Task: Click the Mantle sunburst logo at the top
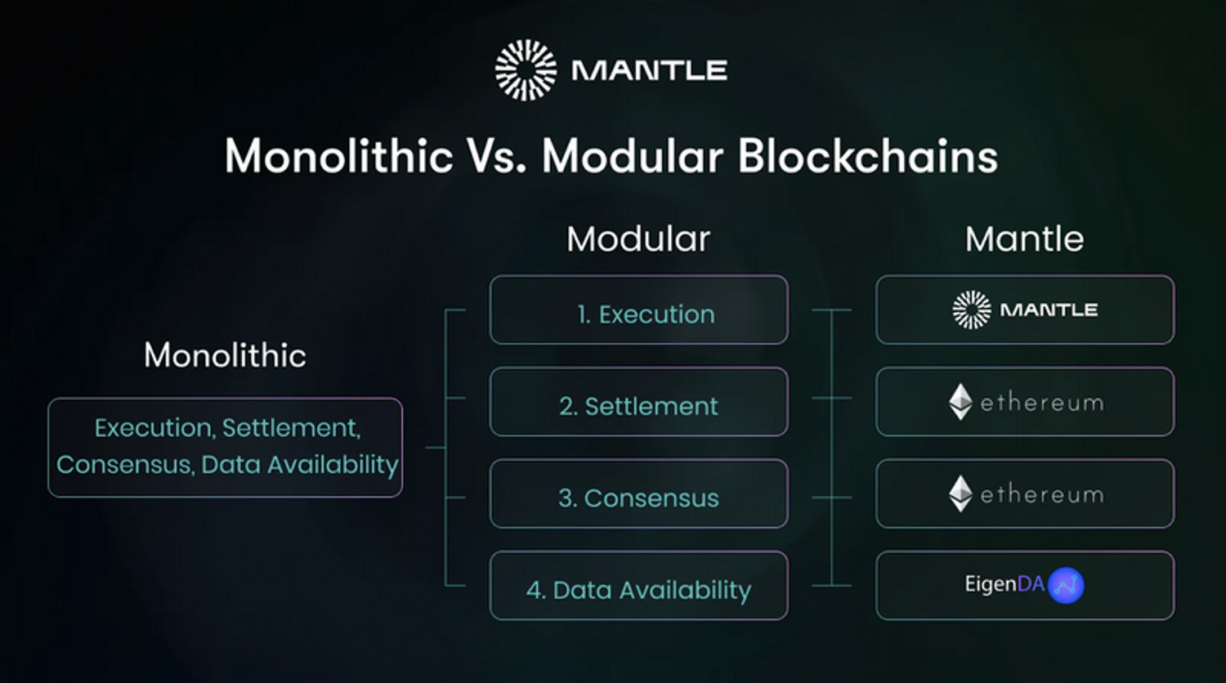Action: [x=526, y=70]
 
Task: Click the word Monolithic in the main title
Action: [x=338, y=156]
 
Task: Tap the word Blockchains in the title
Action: [x=868, y=156]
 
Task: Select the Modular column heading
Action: [x=638, y=239]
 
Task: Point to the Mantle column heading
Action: [x=1024, y=239]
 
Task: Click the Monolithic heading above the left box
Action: [x=225, y=355]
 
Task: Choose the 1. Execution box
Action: [x=638, y=310]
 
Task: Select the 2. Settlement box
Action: [x=638, y=402]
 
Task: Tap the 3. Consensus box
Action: [x=638, y=494]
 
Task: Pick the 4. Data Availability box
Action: [x=638, y=586]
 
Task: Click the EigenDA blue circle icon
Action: [x=1066, y=585]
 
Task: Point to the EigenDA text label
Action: [x=1005, y=584]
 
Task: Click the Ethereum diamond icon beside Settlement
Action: [x=960, y=402]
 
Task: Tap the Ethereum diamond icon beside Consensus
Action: [x=960, y=493]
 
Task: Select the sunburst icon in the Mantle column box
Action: [x=972, y=310]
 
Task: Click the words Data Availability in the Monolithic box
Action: [x=299, y=465]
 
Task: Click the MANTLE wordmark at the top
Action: [x=649, y=71]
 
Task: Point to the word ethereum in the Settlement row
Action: [x=1041, y=403]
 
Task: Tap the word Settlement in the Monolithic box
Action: [x=290, y=428]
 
